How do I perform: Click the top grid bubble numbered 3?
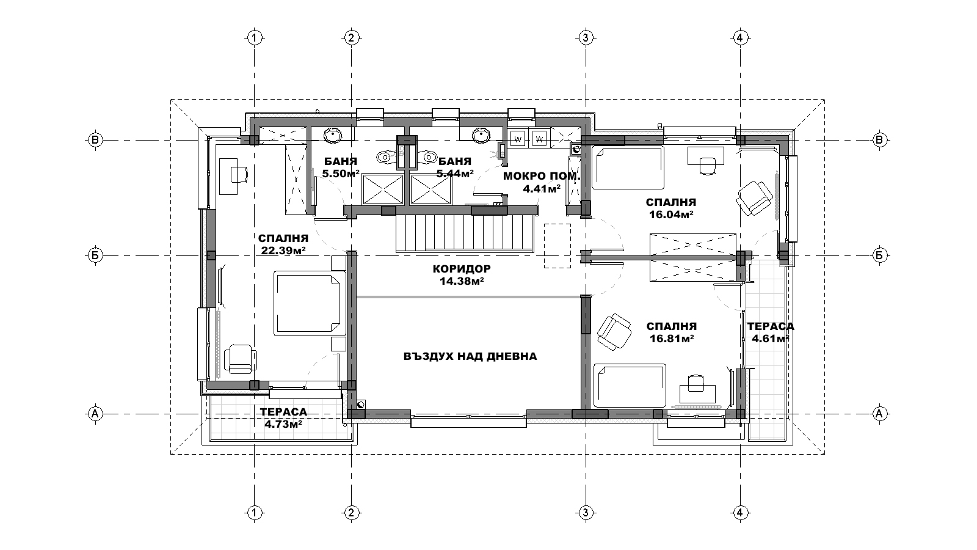[586, 38]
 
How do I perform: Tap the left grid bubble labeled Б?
[95, 255]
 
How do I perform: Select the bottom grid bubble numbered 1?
[255, 513]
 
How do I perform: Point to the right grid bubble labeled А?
[879, 413]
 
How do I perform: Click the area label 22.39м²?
[283, 250]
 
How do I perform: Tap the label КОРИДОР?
[462, 269]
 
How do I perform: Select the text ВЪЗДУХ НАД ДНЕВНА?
[470, 357]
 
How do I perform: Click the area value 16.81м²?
[672, 339]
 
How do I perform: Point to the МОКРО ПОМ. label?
[542, 177]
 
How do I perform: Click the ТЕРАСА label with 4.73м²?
[283, 412]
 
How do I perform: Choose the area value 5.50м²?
[341, 174]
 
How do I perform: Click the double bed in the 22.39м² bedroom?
[307, 303]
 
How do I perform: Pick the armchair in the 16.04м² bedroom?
[754, 198]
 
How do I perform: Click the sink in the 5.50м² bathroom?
[332, 134]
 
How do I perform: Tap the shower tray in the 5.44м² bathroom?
[430, 189]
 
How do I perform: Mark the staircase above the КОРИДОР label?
[465, 233]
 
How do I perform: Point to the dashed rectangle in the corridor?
[558, 246]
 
